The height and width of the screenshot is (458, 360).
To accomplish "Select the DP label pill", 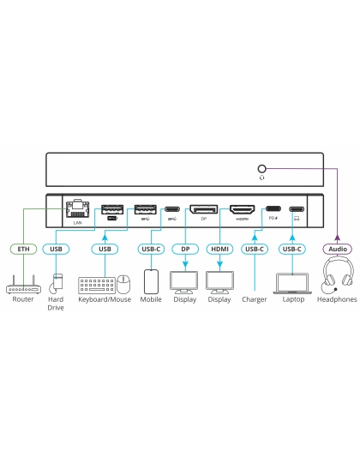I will point(185,250).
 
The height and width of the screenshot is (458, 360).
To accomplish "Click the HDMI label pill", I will point(219,250).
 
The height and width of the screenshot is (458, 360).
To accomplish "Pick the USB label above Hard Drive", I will point(57,250).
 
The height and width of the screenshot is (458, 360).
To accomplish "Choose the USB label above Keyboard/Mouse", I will point(105,250).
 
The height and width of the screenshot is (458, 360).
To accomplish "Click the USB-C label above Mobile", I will point(151,250).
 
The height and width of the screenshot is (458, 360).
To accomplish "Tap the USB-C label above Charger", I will point(255,250).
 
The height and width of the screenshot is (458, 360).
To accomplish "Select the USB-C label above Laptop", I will point(293,250).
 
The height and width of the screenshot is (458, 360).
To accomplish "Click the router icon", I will point(21,285).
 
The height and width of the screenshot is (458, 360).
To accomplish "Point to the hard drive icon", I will point(57,282).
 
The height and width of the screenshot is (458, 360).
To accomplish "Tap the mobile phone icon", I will point(151,281).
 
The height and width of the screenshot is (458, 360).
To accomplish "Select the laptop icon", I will point(293,282).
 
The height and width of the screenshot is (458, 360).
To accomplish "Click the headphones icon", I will point(336,279).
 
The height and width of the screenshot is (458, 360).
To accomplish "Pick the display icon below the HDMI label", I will point(219,281).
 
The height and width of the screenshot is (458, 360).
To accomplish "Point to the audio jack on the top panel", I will point(261,170).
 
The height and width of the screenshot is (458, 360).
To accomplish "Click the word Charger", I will point(255,300).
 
